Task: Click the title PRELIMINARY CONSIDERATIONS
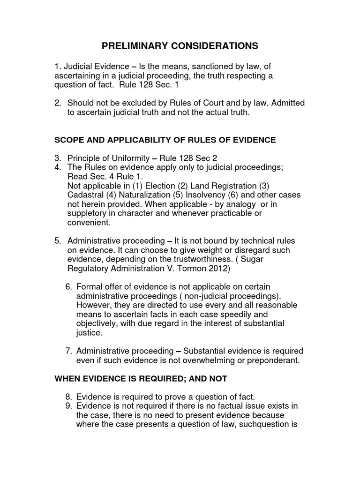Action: click(x=180, y=46)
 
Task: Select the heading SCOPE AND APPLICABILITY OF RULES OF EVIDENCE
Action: click(x=165, y=140)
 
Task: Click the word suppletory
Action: click(x=88, y=213)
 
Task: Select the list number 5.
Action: click(x=57, y=241)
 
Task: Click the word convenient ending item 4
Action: click(x=87, y=223)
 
